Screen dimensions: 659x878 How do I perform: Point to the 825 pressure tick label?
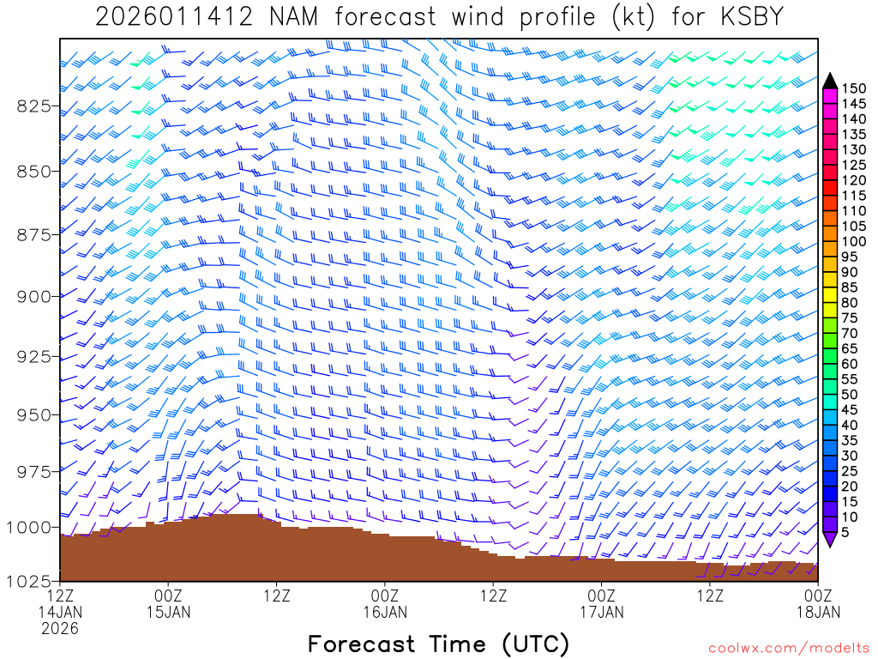pyautogui.click(x=34, y=106)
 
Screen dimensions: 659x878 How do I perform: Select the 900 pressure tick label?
pyautogui.click(x=34, y=296)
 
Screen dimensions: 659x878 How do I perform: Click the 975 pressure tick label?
pyautogui.click(x=34, y=471)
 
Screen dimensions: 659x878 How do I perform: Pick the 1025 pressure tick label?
pyautogui.click(x=30, y=581)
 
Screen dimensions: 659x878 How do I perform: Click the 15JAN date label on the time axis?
pyautogui.click(x=168, y=612)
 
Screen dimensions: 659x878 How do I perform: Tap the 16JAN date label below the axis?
pyautogui.click(x=385, y=612)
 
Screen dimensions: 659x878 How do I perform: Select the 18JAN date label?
pyautogui.click(x=818, y=612)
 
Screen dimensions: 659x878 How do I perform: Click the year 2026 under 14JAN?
pyautogui.click(x=60, y=629)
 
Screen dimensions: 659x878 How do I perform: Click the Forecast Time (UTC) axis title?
pyautogui.click(x=438, y=644)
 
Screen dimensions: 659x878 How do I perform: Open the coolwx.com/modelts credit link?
pyautogui.click(x=788, y=648)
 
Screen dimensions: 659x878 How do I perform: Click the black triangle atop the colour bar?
pyautogui.click(x=829, y=81)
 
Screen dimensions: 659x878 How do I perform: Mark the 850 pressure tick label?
pyautogui.click(x=34, y=171)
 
